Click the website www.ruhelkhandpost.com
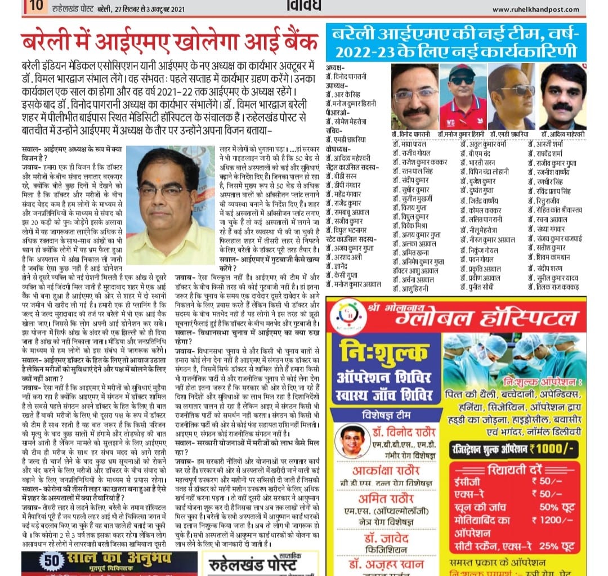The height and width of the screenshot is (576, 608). point(538,9)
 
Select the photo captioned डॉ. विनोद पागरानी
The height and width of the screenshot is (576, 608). point(415,97)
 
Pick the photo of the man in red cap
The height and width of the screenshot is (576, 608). point(463,97)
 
